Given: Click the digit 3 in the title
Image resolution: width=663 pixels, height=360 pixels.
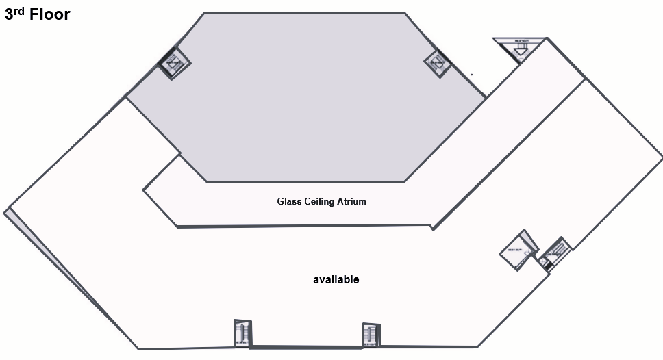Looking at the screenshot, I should click(10, 14).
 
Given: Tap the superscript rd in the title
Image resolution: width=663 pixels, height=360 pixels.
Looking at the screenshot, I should click(21, 10).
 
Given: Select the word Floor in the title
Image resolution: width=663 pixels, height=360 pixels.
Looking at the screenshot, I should click(49, 14).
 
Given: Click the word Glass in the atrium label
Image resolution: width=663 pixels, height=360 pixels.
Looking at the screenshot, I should click(288, 202).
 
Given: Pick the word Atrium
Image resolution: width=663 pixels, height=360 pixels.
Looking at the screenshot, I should click(353, 202).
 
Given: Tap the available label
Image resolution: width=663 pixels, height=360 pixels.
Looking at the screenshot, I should click(336, 280).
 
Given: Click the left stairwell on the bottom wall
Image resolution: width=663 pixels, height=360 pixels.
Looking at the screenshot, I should click(242, 333).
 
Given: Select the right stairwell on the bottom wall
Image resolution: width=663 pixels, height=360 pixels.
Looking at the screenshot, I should click(370, 334).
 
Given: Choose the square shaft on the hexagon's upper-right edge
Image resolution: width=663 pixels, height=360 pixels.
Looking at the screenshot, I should click(436, 63).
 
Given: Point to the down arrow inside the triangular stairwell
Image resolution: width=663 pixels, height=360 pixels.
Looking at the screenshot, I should click(520, 50).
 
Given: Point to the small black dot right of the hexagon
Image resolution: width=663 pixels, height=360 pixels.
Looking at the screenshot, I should click(472, 74).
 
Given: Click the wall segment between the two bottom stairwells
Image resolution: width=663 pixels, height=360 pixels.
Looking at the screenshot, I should click(306, 347).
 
